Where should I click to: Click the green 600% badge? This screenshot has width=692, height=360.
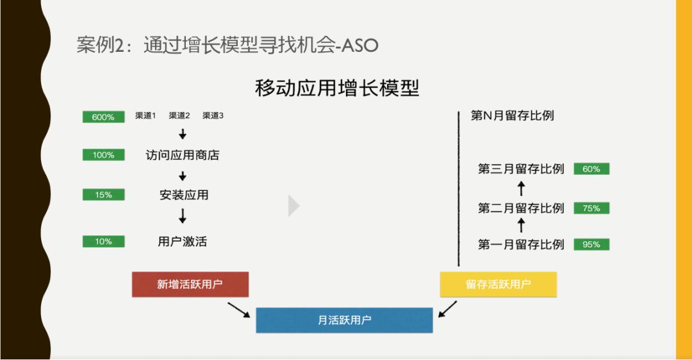pyautogui.click(x=103, y=117)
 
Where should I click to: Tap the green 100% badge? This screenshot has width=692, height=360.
pyautogui.click(x=103, y=155)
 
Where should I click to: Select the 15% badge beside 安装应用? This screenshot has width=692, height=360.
pyautogui.click(x=103, y=195)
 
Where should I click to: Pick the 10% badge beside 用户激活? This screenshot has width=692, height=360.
pyautogui.click(x=103, y=241)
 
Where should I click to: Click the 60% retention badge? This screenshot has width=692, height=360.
pyautogui.click(x=591, y=169)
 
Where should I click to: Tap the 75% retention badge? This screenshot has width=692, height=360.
pyautogui.click(x=591, y=208)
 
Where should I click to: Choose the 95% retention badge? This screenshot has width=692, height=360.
pyautogui.click(x=591, y=244)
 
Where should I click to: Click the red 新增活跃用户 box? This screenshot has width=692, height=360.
pyautogui.click(x=190, y=284)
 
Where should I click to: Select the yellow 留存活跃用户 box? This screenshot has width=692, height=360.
pyautogui.click(x=498, y=284)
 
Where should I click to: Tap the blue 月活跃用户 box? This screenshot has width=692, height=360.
pyautogui.click(x=344, y=320)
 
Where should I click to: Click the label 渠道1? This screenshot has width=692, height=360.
pyautogui.click(x=145, y=116)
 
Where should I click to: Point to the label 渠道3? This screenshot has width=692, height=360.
pyautogui.click(x=213, y=116)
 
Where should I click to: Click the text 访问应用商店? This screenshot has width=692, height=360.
pyautogui.click(x=183, y=155)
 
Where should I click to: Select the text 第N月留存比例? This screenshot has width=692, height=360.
pyautogui.click(x=512, y=116)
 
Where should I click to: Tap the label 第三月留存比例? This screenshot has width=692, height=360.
pyautogui.click(x=521, y=169)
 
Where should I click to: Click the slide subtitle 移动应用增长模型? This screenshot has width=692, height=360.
pyautogui.click(x=337, y=88)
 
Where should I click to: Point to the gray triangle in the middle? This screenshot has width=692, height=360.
pyautogui.click(x=293, y=206)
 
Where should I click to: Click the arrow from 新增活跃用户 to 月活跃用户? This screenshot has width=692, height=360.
pyautogui.click(x=238, y=309)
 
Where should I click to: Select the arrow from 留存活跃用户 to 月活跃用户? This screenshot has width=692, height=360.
pyautogui.click(x=448, y=309)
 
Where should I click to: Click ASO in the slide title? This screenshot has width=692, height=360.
pyautogui.click(x=361, y=45)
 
